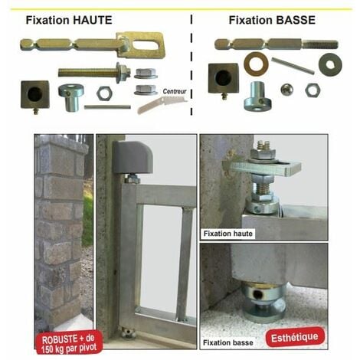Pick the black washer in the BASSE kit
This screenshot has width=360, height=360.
[x=330, y=64]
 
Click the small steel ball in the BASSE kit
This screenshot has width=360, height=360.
[x=286, y=90]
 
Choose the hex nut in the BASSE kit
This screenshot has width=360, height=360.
[x=312, y=90]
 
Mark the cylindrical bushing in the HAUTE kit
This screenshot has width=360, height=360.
[x=70, y=97]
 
